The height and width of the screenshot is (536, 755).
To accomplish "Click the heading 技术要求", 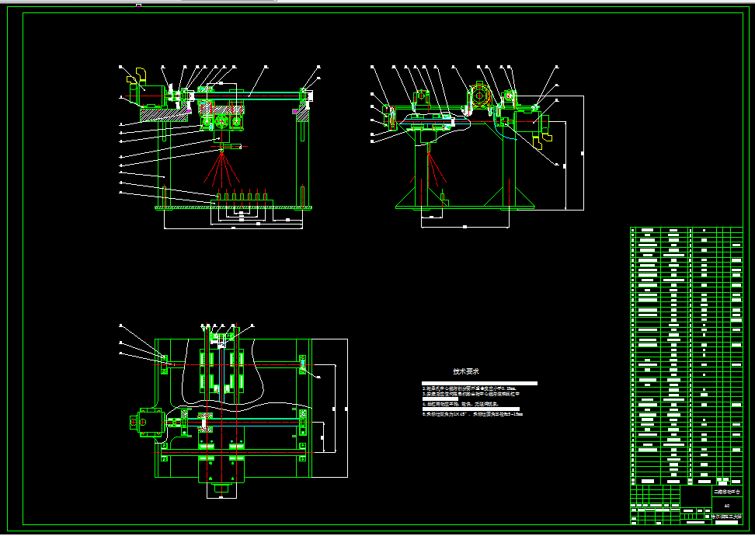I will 466,371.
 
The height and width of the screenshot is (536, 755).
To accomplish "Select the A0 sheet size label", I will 726,506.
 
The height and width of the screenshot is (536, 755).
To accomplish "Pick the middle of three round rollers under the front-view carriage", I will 222,123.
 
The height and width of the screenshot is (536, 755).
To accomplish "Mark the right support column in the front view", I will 302,155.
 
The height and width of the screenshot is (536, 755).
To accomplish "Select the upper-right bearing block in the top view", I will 303,364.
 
